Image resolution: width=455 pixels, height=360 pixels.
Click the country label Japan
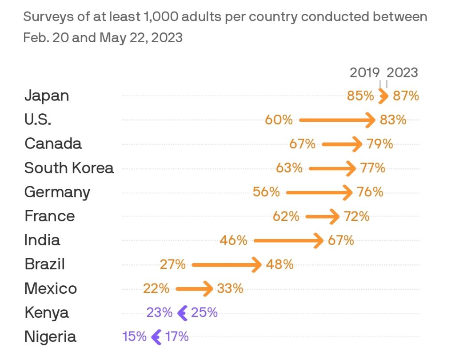[47, 96]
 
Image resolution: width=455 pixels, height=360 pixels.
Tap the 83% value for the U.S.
[393, 120]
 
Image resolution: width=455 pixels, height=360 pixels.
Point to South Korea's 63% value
[289, 168]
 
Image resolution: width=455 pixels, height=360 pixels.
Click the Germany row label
[57, 192]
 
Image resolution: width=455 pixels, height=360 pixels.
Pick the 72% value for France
[356, 216]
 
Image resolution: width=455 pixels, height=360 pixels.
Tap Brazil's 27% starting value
[173, 264]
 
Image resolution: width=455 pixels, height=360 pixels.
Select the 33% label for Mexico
[230, 289]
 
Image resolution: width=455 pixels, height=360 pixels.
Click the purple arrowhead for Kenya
[182, 313]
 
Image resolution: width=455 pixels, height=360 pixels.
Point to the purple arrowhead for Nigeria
[156, 337]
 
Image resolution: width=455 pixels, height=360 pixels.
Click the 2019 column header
[365, 73]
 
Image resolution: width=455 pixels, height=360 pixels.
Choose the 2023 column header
[403, 73]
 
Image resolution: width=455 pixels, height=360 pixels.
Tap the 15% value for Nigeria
[134, 337]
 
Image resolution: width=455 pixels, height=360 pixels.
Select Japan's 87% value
[406, 96]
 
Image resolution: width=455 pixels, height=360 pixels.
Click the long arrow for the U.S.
[337, 120]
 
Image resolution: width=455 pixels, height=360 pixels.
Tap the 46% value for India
[233, 240]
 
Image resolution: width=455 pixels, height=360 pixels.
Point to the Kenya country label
[47, 313]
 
